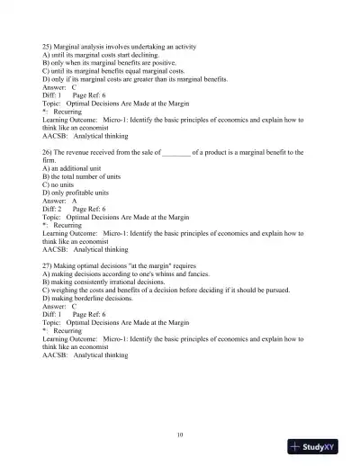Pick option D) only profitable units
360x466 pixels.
tap(80, 192)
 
